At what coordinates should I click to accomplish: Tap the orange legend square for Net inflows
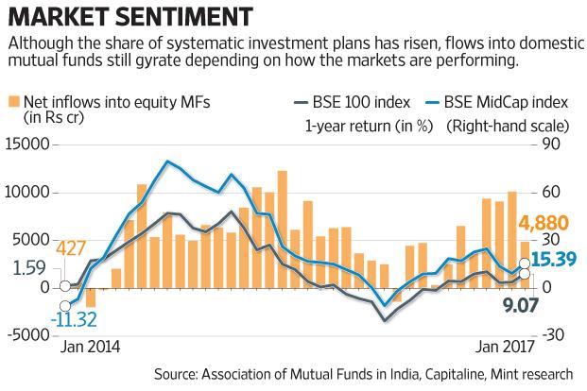pos(14,101)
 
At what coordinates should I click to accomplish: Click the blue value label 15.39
pos(556,256)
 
